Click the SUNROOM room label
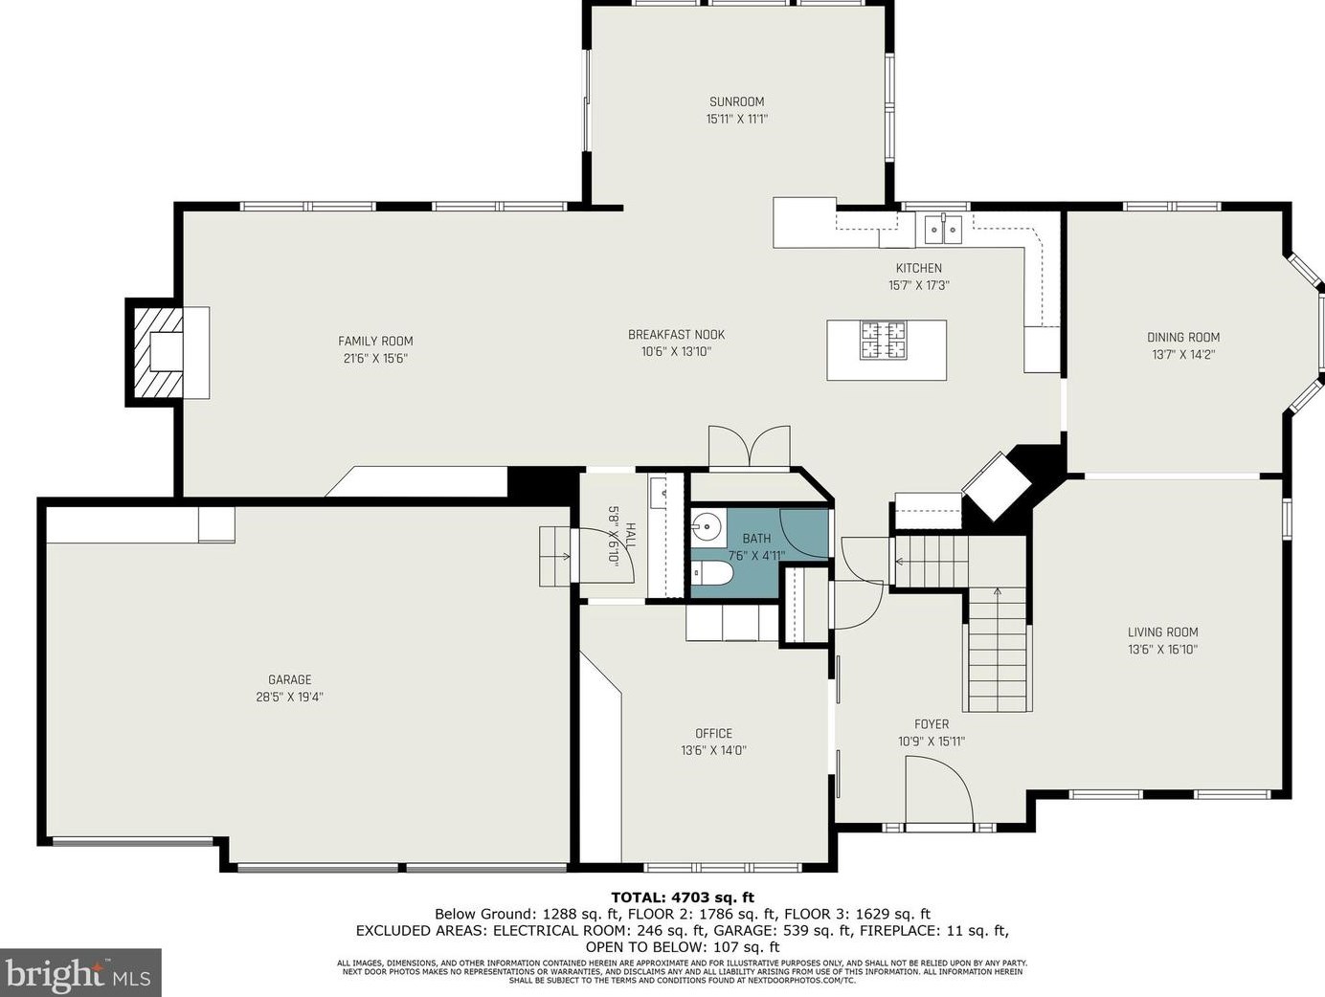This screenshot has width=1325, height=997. pos(736,102)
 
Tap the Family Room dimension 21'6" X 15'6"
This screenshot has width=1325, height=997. pos(375,358)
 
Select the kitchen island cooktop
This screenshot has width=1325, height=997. pos(883,341)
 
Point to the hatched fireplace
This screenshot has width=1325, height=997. pos(158,352)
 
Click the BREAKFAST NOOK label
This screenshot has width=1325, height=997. pos(676,335)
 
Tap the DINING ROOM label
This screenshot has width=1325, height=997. pos(1183,337)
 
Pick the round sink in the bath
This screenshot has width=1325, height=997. pos(707,527)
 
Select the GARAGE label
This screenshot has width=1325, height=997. pos(290,679)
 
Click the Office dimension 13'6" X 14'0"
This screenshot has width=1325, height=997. pos(713,750)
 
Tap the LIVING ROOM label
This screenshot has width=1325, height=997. pos(1162,632)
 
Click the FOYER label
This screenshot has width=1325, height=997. pos(932,723)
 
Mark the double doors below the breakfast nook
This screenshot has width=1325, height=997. pos(749,448)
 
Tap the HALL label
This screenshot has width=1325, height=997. pos(630,536)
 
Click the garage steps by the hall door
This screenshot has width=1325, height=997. pos(554,556)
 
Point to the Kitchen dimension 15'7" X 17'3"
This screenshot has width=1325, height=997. pos(919,285)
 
